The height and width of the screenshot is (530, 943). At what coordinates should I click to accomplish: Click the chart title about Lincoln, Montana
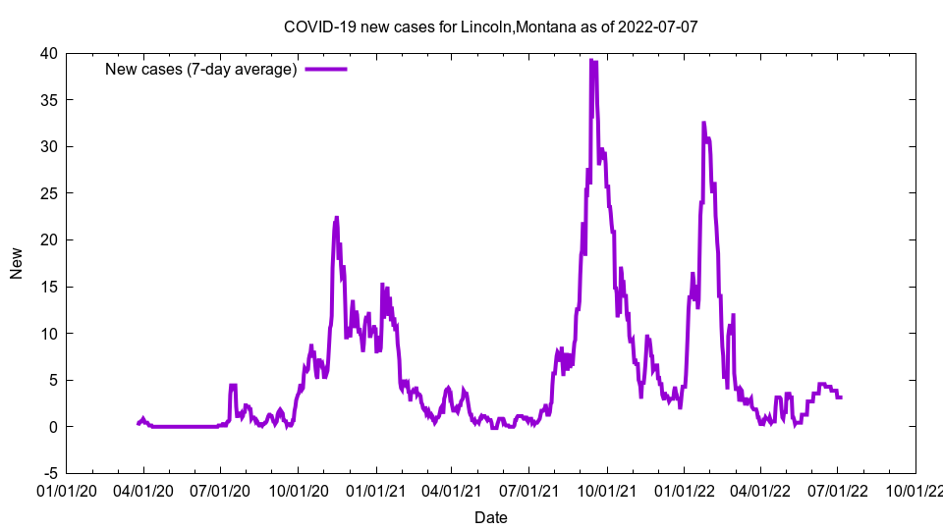[491, 26]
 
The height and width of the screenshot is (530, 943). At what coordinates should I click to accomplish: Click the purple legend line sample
[326, 69]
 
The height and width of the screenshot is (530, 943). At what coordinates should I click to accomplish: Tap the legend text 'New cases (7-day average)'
[201, 69]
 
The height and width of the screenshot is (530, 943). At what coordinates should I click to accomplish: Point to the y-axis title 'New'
[17, 263]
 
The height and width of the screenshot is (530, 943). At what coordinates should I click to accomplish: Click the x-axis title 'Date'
[491, 517]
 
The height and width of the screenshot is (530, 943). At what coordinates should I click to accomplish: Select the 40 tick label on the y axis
[48, 53]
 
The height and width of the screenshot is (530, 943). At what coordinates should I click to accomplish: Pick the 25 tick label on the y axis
[48, 193]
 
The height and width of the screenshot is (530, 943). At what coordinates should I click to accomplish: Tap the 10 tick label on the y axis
[48, 334]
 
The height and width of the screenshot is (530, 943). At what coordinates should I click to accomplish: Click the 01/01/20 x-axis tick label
[67, 490]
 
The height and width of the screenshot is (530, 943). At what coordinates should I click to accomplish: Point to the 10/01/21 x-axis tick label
[607, 490]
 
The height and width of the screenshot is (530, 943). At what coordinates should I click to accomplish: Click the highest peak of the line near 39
[591, 60]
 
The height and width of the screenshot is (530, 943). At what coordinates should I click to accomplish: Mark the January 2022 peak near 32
[703, 123]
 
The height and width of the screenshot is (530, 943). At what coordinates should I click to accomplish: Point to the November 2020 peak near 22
[336, 218]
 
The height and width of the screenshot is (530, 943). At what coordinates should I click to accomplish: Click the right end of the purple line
[841, 397]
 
